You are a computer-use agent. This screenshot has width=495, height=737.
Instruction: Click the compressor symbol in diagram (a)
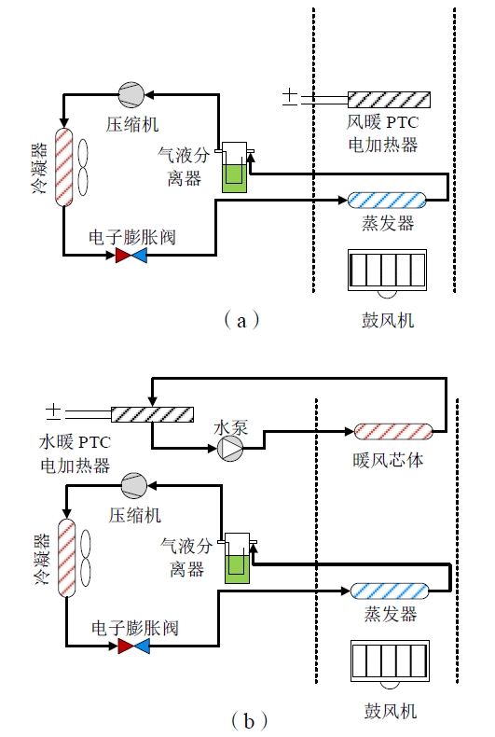131,94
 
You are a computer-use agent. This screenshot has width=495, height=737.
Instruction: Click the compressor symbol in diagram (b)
134,485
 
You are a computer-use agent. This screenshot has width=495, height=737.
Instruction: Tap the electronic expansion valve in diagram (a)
131,256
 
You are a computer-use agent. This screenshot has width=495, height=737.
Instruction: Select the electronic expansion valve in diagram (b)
134,647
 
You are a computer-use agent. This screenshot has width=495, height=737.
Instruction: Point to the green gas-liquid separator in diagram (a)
234,167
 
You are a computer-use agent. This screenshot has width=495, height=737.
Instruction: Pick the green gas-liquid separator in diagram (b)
237,559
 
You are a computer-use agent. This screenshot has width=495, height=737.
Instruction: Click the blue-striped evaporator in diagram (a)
387,201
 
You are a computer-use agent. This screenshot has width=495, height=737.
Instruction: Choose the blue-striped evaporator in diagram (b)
390,591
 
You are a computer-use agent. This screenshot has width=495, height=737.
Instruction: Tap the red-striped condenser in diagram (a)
64,167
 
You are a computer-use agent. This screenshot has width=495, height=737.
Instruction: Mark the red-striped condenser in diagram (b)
67,558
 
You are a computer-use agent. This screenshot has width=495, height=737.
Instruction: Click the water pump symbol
230,449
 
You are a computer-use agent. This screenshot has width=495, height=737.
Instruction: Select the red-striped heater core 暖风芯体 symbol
392,432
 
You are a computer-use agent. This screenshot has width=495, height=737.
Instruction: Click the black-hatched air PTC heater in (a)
389,100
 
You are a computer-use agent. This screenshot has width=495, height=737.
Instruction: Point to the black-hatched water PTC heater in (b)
152,414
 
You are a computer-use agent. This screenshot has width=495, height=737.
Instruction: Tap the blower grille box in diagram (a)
388,271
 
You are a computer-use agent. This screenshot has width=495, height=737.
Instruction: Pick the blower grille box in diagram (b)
390,661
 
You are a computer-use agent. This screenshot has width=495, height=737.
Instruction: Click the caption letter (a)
241,321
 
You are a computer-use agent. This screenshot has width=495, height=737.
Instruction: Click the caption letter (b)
249,720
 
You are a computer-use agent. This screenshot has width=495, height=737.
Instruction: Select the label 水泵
230,427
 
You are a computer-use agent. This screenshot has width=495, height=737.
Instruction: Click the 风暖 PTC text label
383,122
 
